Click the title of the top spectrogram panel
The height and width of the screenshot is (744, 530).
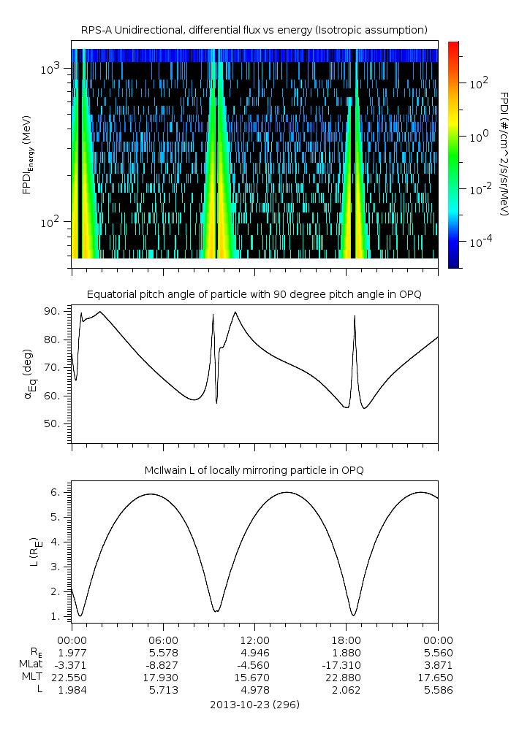click(x=254, y=30)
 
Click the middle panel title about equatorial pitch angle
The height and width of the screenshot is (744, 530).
click(x=254, y=294)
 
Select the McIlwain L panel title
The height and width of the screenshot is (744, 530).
click(x=254, y=470)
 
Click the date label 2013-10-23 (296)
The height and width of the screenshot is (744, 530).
click(x=254, y=705)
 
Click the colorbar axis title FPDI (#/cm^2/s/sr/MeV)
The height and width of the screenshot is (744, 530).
click(x=504, y=154)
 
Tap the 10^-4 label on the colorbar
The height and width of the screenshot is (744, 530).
click(x=480, y=242)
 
